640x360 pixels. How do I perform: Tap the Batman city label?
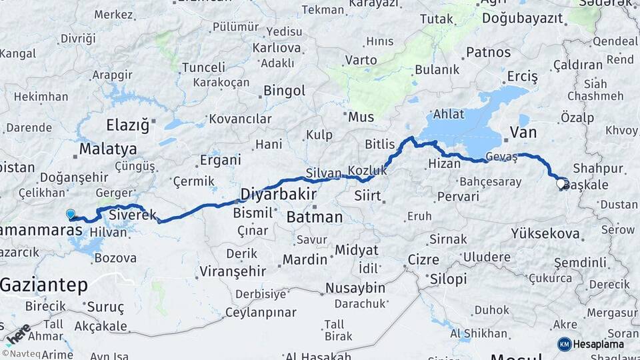[314, 217]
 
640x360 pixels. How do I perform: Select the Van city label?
[523, 132]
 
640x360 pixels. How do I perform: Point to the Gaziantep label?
[44, 285]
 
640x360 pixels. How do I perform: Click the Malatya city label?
[108, 149]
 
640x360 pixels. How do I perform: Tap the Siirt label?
[368, 196]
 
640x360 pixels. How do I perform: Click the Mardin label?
[304, 259]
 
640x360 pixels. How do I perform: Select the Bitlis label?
[380, 143]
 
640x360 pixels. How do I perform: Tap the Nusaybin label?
[355, 288]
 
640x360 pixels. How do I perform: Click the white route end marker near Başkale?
[561, 182]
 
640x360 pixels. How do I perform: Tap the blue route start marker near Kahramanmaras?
[71, 214]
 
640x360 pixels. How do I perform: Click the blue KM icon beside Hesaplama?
[564, 344]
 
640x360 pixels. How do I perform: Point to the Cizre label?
[423, 259]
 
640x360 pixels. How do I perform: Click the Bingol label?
[284, 90]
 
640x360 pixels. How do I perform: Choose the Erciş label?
[522, 77]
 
